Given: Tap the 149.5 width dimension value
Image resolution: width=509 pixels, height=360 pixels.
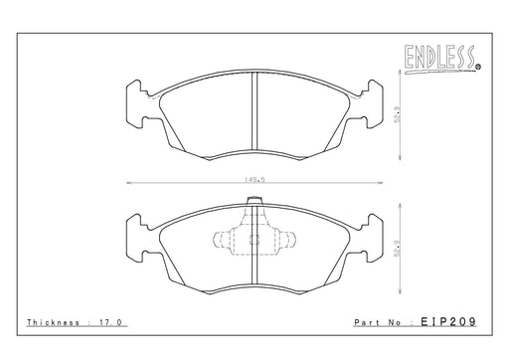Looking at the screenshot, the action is [x=254, y=180].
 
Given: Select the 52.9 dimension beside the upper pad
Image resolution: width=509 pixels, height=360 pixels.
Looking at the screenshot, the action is [x=398, y=114].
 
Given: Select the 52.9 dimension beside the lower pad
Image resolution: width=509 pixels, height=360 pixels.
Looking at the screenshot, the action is [x=398, y=249].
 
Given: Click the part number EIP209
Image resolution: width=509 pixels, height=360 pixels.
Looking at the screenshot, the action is [x=448, y=321].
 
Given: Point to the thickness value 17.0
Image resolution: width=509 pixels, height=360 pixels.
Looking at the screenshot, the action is [x=110, y=322].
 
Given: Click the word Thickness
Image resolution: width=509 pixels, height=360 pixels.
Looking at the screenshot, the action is [x=53, y=322].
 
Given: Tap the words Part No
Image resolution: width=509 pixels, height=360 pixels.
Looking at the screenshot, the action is [x=378, y=322].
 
